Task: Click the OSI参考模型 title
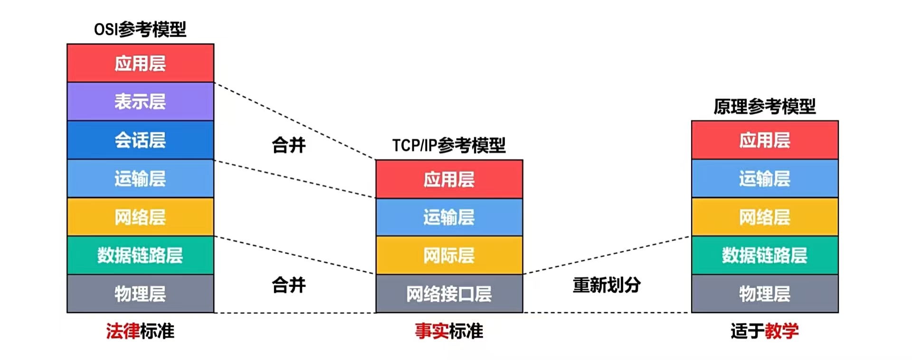pos(140,29)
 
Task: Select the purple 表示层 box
pos(140,102)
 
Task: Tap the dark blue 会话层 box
pos(140,140)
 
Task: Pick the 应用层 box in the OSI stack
pos(140,63)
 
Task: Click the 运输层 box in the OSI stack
pos(140,179)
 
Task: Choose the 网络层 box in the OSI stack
pos(140,217)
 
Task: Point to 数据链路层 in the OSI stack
pos(140,256)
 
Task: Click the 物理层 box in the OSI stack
pos(140,294)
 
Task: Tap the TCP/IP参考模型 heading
pos(449,145)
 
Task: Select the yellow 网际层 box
pos(449,256)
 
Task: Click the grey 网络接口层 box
pos(449,294)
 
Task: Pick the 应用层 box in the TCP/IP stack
pos(449,179)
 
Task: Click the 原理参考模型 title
pos(764,106)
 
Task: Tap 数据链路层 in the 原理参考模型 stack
pos(764,256)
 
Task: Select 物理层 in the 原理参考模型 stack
pos(764,294)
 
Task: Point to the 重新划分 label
pos(607,285)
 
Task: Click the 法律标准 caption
pos(140,331)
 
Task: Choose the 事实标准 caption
pos(449,331)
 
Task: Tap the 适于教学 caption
pos(764,331)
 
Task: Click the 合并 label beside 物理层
pos(289,285)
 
